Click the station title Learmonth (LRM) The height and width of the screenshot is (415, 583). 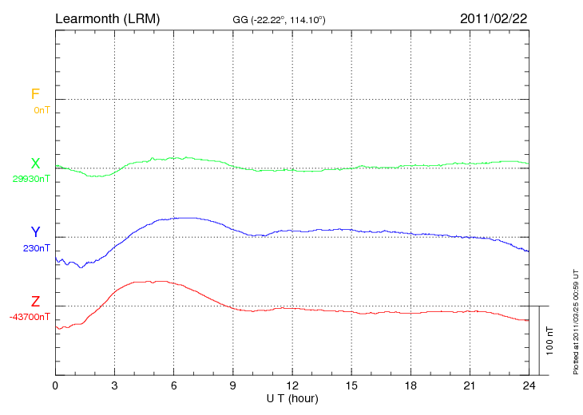107,18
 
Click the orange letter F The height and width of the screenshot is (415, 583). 35,94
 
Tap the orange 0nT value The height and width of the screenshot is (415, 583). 42,110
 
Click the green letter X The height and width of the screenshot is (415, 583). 35,164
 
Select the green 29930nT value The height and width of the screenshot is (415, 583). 31,179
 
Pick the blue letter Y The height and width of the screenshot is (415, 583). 35,232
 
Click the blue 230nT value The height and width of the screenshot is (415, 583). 37,248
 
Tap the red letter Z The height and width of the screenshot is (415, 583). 35,302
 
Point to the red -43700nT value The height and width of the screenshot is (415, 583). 30,317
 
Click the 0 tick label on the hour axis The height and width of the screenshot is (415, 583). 55,385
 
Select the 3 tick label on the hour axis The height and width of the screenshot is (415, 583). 114,385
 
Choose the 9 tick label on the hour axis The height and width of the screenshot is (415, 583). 233,385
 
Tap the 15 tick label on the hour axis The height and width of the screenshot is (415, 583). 351,385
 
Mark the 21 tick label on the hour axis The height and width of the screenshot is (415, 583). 470,385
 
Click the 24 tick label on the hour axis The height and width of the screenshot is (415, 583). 529,385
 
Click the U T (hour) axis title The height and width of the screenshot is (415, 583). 291,397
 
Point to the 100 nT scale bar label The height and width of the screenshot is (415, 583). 550,340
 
